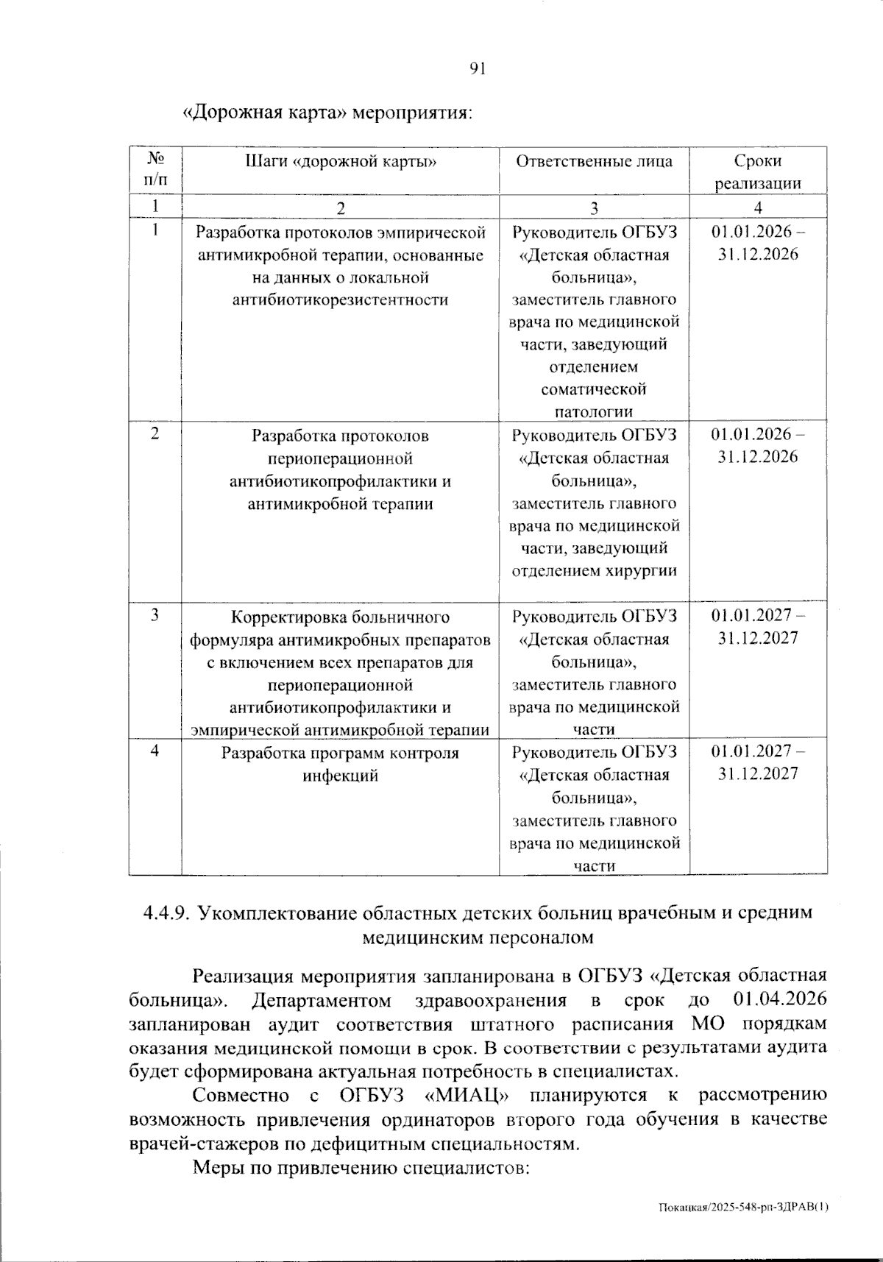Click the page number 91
pyautogui.click(x=478, y=69)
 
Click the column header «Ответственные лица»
pyautogui.click(x=593, y=161)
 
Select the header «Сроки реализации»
pyautogui.click(x=758, y=172)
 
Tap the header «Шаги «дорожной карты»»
pyautogui.click(x=341, y=161)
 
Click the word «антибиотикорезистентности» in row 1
pyautogui.click(x=340, y=299)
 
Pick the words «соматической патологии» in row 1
pyautogui.click(x=593, y=400)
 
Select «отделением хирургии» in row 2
pyautogui.click(x=593, y=570)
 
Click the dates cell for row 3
pyautogui.click(x=758, y=626)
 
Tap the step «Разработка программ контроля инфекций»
pyautogui.click(x=340, y=763)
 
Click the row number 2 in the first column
pyautogui.click(x=155, y=433)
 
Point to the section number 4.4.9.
pyautogui.click(x=167, y=913)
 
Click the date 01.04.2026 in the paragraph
pyautogui.click(x=780, y=999)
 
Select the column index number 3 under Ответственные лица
pyautogui.click(x=593, y=208)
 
